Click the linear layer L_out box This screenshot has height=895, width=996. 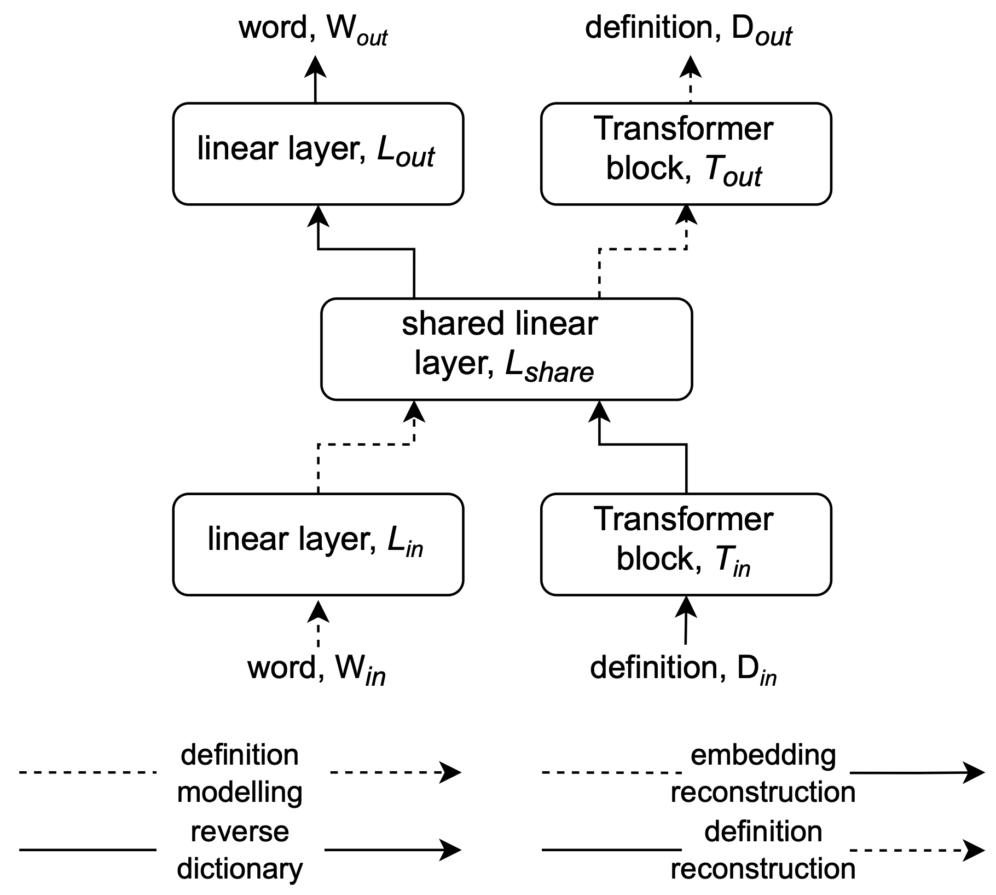click(318, 153)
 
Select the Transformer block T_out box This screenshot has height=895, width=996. click(686, 153)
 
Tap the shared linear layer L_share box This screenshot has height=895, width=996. click(506, 349)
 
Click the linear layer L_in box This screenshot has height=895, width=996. click(318, 544)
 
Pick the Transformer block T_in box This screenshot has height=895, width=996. click(686, 544)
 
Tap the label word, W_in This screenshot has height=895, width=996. click(316, 669)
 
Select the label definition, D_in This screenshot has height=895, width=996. click(683, 669)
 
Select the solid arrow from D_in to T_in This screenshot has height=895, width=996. click(686, 622)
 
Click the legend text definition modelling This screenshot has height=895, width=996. click(240, 773)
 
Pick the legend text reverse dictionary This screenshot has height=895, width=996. click(240, 850)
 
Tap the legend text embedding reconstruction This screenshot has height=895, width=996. click(763, 773)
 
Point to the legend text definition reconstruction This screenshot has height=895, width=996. click(763, 850)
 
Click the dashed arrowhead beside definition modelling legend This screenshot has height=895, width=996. click(452, 772)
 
